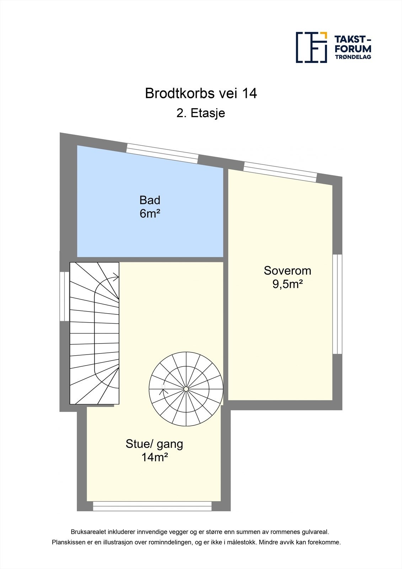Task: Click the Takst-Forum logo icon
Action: [x=311, y=47]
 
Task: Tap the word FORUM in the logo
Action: [x=353, y=49]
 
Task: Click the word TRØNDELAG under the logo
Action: [x=353, y=57]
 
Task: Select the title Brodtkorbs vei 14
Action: [x=201, y=94]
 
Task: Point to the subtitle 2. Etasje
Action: [x=201, y=113]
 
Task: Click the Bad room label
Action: [x=150, y=200]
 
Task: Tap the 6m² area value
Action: [x=150, y=214]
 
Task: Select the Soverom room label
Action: [x=287, y=271]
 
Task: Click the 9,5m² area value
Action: [x=287, y=284]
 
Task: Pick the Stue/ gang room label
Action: [x=154, y=444]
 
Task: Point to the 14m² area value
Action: [x=154, y=457]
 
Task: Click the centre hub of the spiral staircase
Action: [x=186, y=389]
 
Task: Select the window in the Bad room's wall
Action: [x=162, y=153]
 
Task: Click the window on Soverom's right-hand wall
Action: [x=337, y=304]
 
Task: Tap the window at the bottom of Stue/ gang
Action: [x=152, y=506]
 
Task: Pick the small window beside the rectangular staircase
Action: [x=64, y=297]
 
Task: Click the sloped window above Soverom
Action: [x=280, y=172]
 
